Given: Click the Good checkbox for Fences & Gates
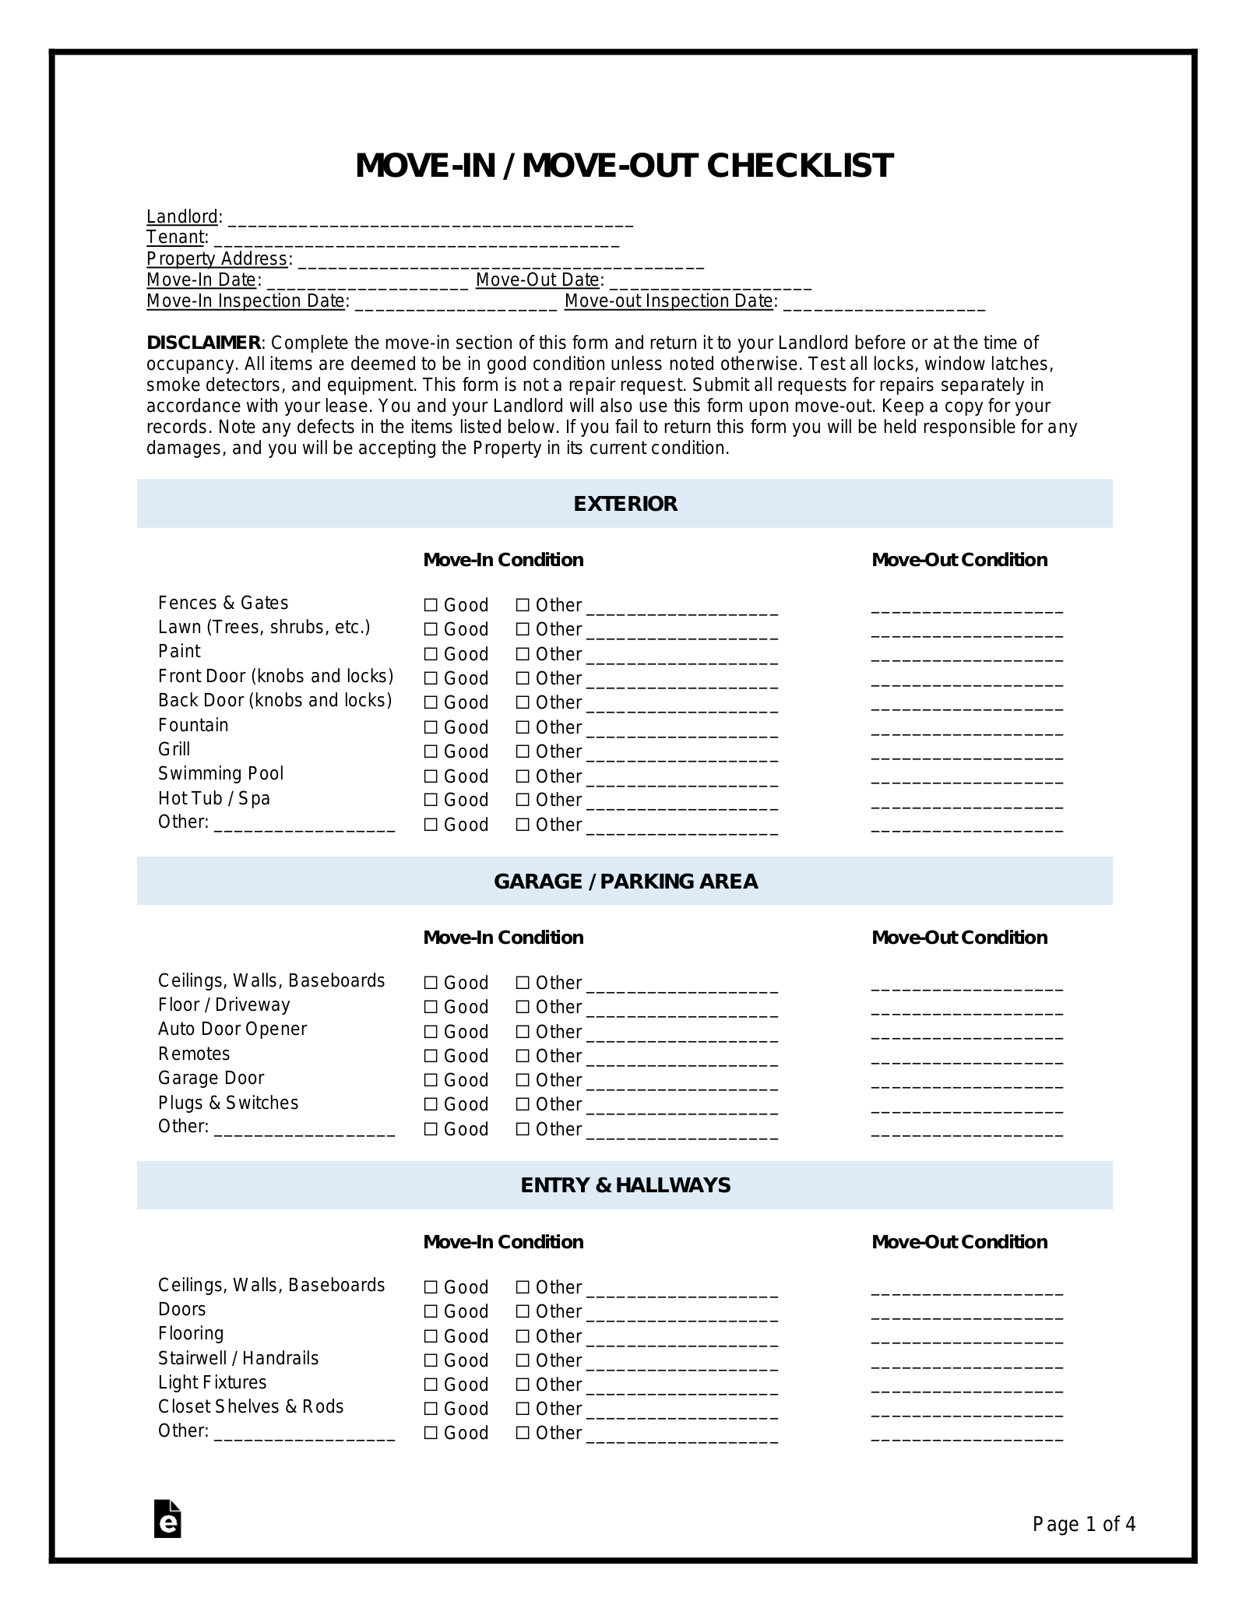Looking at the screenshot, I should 431,605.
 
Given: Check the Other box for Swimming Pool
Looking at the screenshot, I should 523,776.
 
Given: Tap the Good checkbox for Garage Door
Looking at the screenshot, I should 431,1080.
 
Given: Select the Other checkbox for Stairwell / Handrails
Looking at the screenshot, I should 523,1360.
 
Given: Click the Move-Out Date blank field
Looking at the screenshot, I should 709,282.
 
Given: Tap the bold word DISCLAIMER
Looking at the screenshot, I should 203,343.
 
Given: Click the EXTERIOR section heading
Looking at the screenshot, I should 625,504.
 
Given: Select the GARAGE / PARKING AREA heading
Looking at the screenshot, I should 625,882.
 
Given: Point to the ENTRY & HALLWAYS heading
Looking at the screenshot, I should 625,1185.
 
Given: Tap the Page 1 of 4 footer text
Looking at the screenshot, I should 1083,1524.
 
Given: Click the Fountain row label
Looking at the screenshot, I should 193,725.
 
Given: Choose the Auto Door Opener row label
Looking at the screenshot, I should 232,1029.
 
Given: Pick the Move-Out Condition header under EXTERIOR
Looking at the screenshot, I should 959,560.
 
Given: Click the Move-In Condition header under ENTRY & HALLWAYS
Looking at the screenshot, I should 502,1241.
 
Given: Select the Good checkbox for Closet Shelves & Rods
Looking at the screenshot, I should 431,1409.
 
